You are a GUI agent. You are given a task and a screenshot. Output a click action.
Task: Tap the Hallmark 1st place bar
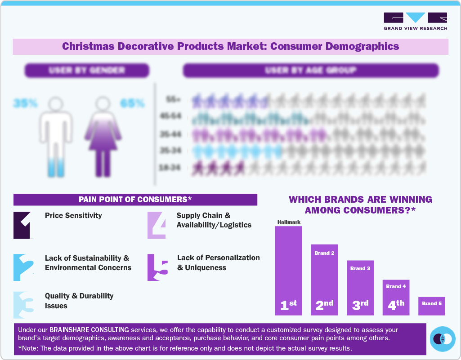point(288,270)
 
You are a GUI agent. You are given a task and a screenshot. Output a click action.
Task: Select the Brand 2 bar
point(324,279)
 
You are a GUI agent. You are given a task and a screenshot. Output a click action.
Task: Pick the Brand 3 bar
point(360,288)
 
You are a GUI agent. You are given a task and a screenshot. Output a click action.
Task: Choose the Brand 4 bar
point(396,297)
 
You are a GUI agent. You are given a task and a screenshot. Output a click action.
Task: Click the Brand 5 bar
point(431,306)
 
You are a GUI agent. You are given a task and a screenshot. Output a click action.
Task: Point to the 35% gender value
point(25,103)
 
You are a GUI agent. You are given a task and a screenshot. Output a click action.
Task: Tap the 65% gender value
point(132,103)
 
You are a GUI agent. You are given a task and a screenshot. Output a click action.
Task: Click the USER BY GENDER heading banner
point(87,71)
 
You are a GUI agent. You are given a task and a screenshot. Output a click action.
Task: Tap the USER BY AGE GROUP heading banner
point(310,71)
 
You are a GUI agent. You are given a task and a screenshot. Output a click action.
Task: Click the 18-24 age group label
point(170,168)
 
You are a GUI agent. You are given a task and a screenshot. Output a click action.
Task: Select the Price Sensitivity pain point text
point(73,215)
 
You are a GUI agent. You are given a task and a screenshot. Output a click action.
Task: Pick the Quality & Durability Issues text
point(79,301)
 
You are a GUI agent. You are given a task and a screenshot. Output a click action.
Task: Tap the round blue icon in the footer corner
point(443,339)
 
